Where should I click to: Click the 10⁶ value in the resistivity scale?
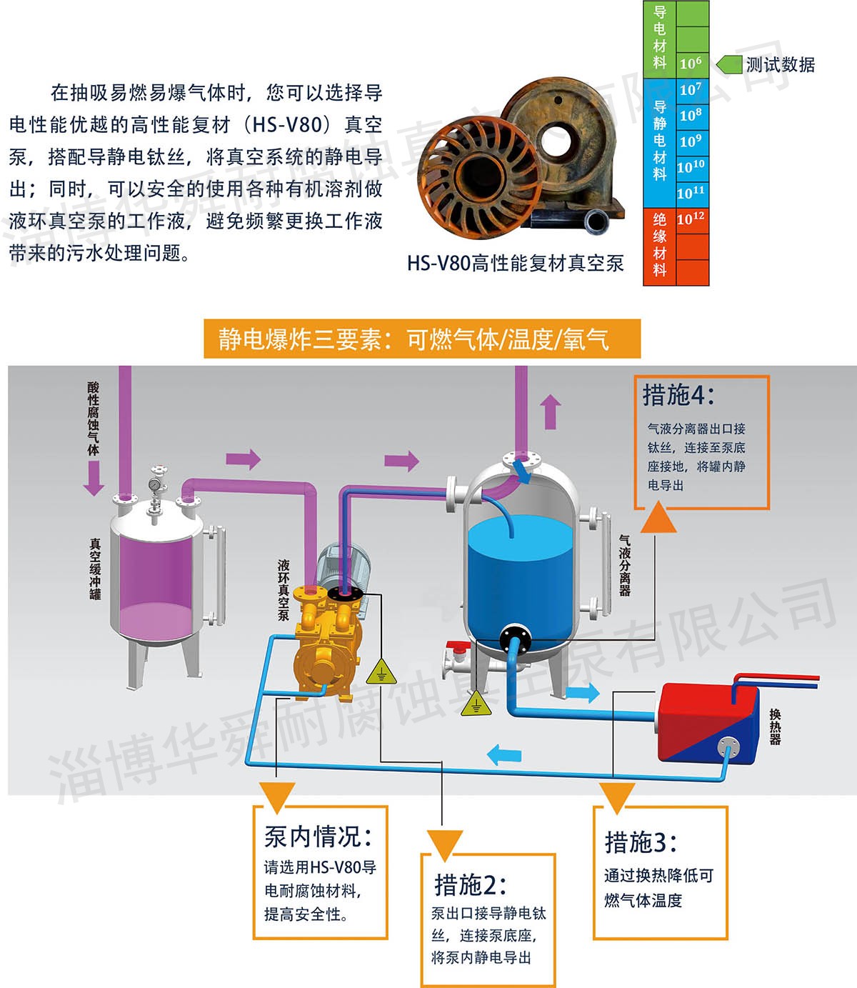pos(691,63)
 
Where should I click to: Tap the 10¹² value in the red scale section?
pos(691,219)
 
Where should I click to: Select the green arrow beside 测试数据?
pos(729,64)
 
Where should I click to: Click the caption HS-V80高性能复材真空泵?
pos(515,264)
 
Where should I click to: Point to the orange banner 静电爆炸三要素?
pos(421,339)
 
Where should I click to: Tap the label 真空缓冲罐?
pos(95,569)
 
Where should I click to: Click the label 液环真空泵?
pos(284,590)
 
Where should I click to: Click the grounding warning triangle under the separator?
pos(476,705)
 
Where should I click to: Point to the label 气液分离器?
pos(625,565)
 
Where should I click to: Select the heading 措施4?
pos(678,395)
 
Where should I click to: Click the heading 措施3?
pos(641,842)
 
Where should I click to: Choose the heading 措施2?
pos(470,885)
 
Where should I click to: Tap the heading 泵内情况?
pos(318,837)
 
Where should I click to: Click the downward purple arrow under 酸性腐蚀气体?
pos(94,478)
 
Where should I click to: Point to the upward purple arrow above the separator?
pos(550,412)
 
